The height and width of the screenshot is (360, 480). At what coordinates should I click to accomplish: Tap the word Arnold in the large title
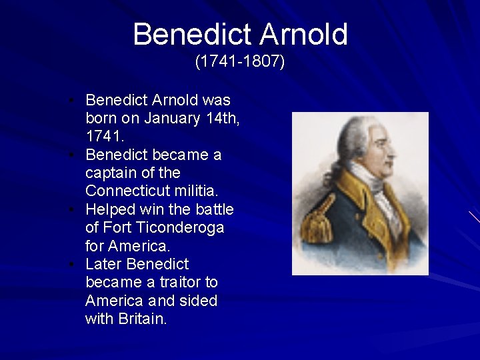(x=303, y=34)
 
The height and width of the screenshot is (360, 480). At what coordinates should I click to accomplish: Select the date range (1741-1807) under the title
(x=240, y=62)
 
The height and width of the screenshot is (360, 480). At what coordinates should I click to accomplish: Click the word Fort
(x=117, y=227)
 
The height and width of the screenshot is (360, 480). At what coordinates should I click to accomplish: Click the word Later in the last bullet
(x=103, y=264)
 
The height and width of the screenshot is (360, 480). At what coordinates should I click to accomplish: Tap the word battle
(x=215, y=209)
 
